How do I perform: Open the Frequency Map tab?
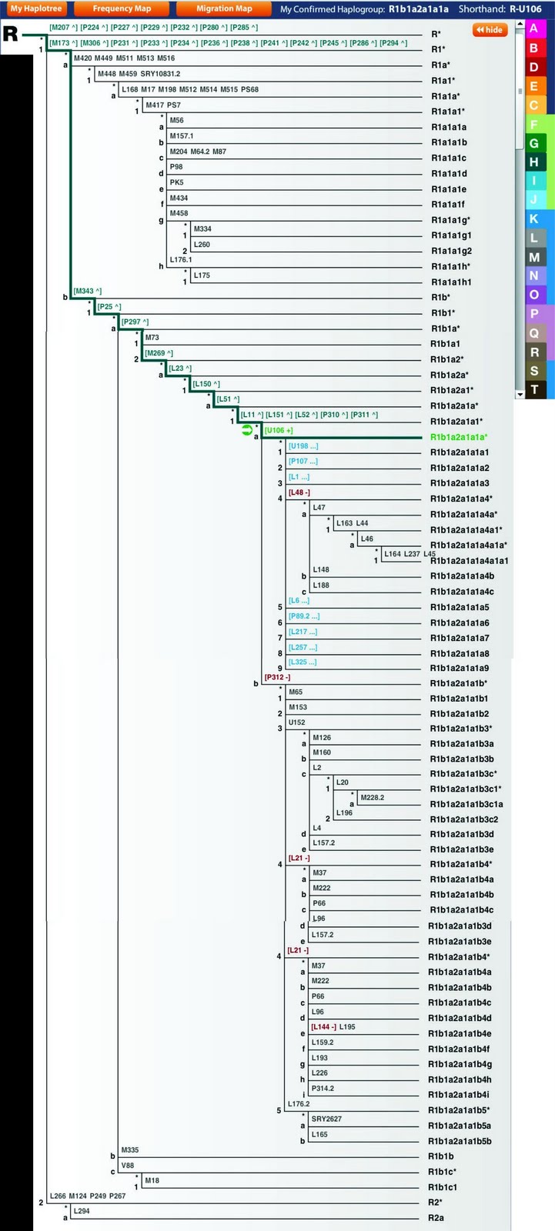tap(122, 9)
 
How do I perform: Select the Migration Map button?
tap(223, 9)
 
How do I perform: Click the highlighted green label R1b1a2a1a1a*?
tap(459, 437)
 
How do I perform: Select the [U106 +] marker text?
tap(278, 431)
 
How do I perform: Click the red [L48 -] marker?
tap(299, 492)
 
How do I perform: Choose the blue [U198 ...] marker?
tap(303, 446)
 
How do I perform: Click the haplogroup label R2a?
tap(436, 1218)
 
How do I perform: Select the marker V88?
tap(128, 1166)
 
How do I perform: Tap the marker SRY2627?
tap(326, 1119)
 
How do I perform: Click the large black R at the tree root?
tap(11, 35)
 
